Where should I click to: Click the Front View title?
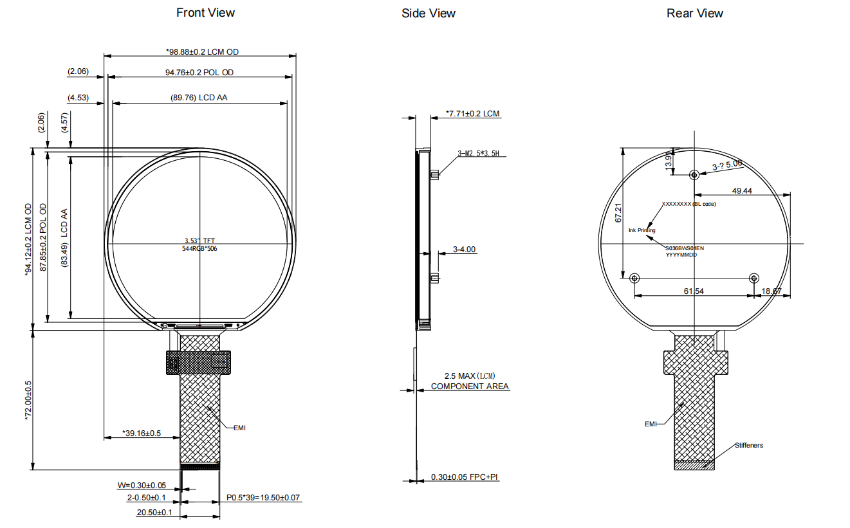(x=205, y=13)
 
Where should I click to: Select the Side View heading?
(x=428, y=14)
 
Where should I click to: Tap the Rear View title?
(x=694, y=14)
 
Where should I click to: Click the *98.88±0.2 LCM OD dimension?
(x=202, y=51)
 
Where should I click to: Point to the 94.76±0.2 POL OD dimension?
(x=199, y=73)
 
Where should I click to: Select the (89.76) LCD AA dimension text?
(x=199, y=98)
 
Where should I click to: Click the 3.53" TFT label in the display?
(x=199, y=241)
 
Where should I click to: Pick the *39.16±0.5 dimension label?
(x=142, y=433)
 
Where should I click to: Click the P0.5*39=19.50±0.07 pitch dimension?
(x=263, y=498)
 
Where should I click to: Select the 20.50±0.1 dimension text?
(x=154, y=513)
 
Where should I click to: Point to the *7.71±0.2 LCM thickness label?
(x=473, y=114)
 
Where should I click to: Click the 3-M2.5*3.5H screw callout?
(x=478, y=154)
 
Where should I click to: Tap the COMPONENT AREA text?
(x=470, y=387)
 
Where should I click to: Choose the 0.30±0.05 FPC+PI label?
(x=465, y=477)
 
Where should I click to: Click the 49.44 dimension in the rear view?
(x=742, y=191)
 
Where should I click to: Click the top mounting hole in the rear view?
(x=694, y=174)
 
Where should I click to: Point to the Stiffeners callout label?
(x=748, y=445)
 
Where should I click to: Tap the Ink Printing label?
(x=642, y=230)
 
